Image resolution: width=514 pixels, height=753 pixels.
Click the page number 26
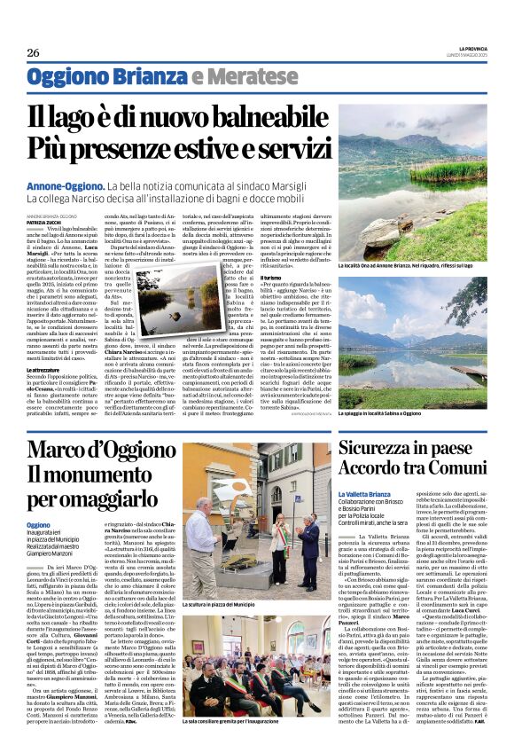[x=34, y=52]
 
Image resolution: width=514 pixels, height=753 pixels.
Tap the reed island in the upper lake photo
[x=425, y=169]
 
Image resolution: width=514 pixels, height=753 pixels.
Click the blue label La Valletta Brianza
[x=367, y=493]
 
